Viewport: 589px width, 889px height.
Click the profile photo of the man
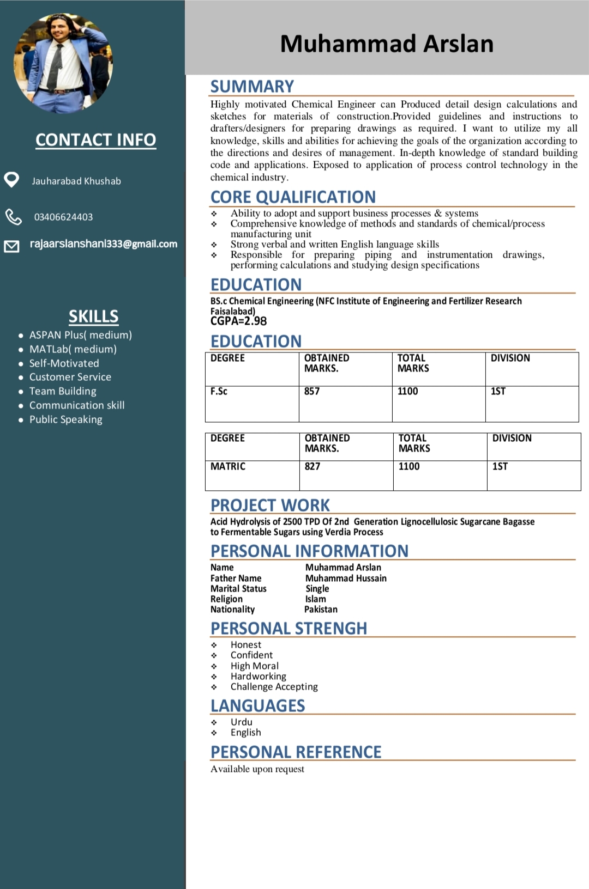point(63,63)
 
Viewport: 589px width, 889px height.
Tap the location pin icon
point(11,179)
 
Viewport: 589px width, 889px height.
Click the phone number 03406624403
point(63,217)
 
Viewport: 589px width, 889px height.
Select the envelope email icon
point(11,246)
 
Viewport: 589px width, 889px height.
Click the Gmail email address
point(104,244)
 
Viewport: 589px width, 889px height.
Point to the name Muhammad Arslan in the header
point(386,44)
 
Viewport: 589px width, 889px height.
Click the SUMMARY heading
point(252,87)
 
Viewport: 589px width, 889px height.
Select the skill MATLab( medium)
point(73,349)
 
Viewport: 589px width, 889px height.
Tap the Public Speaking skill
point(65,419)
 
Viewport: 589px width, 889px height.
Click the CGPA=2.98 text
point(238,321)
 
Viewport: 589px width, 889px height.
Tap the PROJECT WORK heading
point(270,505)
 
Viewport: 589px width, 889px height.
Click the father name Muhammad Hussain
point(346,578)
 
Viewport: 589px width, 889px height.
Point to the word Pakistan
point(321,610)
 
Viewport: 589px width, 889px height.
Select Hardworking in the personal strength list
point(258,676)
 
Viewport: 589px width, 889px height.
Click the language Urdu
point(241,722)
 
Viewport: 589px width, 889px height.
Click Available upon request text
point(257,769)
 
